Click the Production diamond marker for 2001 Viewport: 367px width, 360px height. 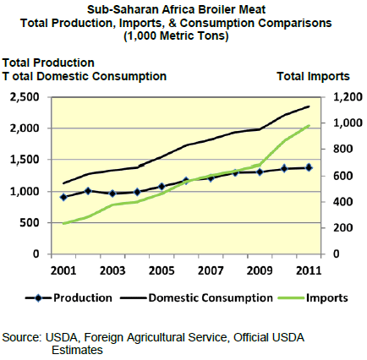point(63,197)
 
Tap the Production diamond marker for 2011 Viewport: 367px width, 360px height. point(309,167)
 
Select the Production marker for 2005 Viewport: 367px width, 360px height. point(162,186)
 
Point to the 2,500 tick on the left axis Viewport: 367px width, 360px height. point(25,97)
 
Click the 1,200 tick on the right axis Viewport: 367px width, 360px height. point(348,97)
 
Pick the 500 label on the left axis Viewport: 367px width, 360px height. point(30,222)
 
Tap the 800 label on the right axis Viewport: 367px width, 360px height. point(343,149)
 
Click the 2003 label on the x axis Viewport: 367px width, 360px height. point(112,270)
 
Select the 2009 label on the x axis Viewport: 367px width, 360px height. point(260,270)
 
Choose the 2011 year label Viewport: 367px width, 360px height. point(309,270)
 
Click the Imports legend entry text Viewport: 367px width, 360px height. point(327,298)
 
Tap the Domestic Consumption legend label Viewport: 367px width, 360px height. point(211,298)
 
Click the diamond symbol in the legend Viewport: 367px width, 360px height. point(38,298)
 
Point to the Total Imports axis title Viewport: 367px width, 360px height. point(313,76)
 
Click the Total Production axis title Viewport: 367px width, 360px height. point(48,63)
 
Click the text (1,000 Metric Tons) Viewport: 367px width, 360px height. point(176,35)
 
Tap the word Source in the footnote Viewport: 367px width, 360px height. point(22,337)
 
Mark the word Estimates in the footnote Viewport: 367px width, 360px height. point(77,350)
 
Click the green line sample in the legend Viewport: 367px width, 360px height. point(291,298)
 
